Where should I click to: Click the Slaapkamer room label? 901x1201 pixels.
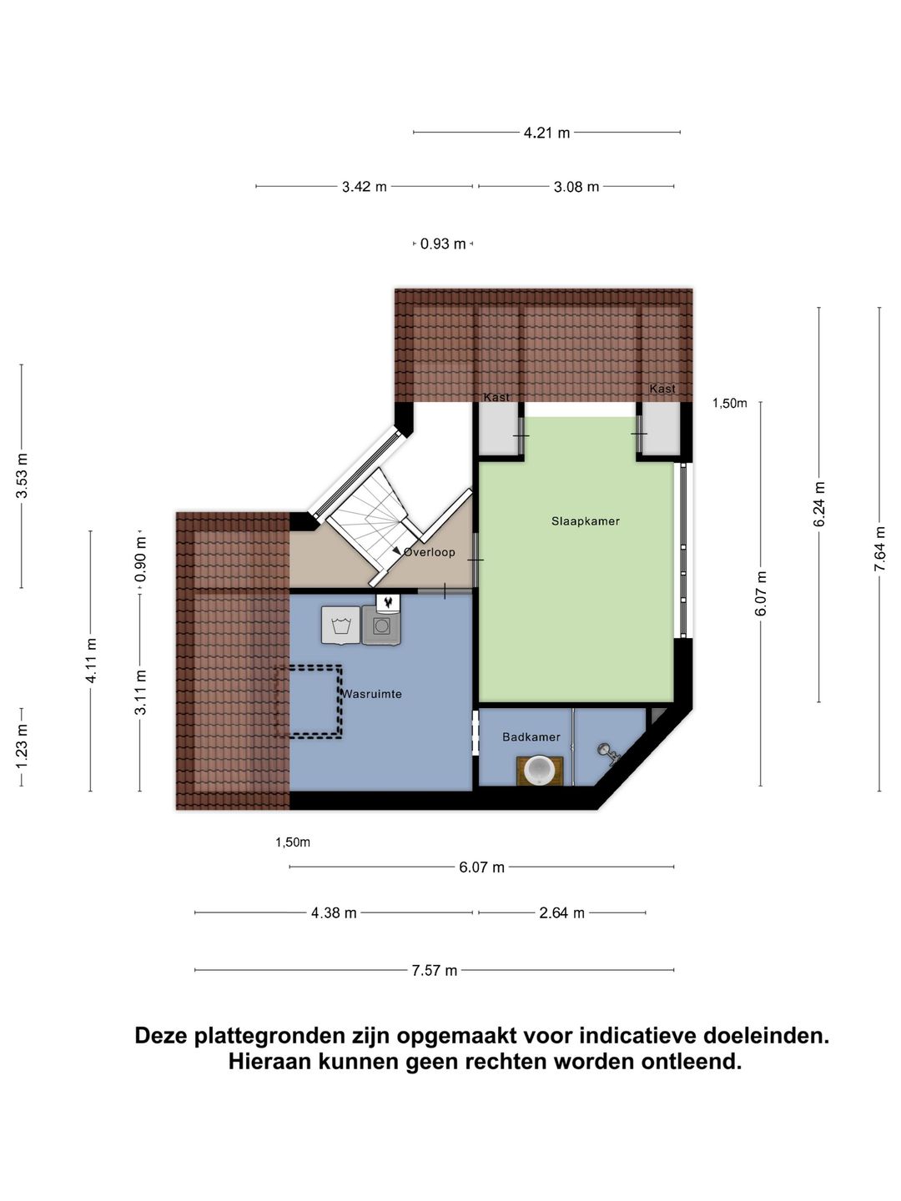pyautogui.click(x=585, y=521)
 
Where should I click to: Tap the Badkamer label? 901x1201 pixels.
pyautogui.click(x=531, y=737)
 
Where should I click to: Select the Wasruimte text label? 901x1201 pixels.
pyautogui.click(x=372, y=694)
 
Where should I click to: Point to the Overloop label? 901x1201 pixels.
pyautogui.click(x=430, y=552)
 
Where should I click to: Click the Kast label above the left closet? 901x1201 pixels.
pyautogui.click(x=496, y=397)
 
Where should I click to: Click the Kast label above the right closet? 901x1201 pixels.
pyautogui.click(x=662, y=389)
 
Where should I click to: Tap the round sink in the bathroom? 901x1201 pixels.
pyautogui.click(x=539, y=769)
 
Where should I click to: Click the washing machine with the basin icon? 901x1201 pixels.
pyautogui.click(x=340, y=626)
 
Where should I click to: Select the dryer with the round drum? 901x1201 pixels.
pyautogui.click(x=381, y=626)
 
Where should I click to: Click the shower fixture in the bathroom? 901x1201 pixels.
pyautogui.click(x=608, y=753)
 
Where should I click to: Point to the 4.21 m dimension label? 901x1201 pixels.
pyautogui.click(x=546, y=133)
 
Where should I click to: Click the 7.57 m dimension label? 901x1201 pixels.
pyautogui.click(x=434, y=971)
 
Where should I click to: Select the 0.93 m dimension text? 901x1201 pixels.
pyautogui.click(x=443, y=244)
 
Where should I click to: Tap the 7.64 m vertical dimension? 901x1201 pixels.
pyautogui.click(x=879, y=549)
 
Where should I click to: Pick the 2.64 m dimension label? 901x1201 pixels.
pyautogui.click(x=561, y=913)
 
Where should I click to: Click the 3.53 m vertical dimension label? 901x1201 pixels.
pyautogui.click(x=22, y=476)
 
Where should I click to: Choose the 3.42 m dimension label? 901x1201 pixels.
pyautogui.click(x=364, y=187)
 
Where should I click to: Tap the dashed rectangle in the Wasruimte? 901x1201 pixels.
pyautogui.click(x=310, y=701)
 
